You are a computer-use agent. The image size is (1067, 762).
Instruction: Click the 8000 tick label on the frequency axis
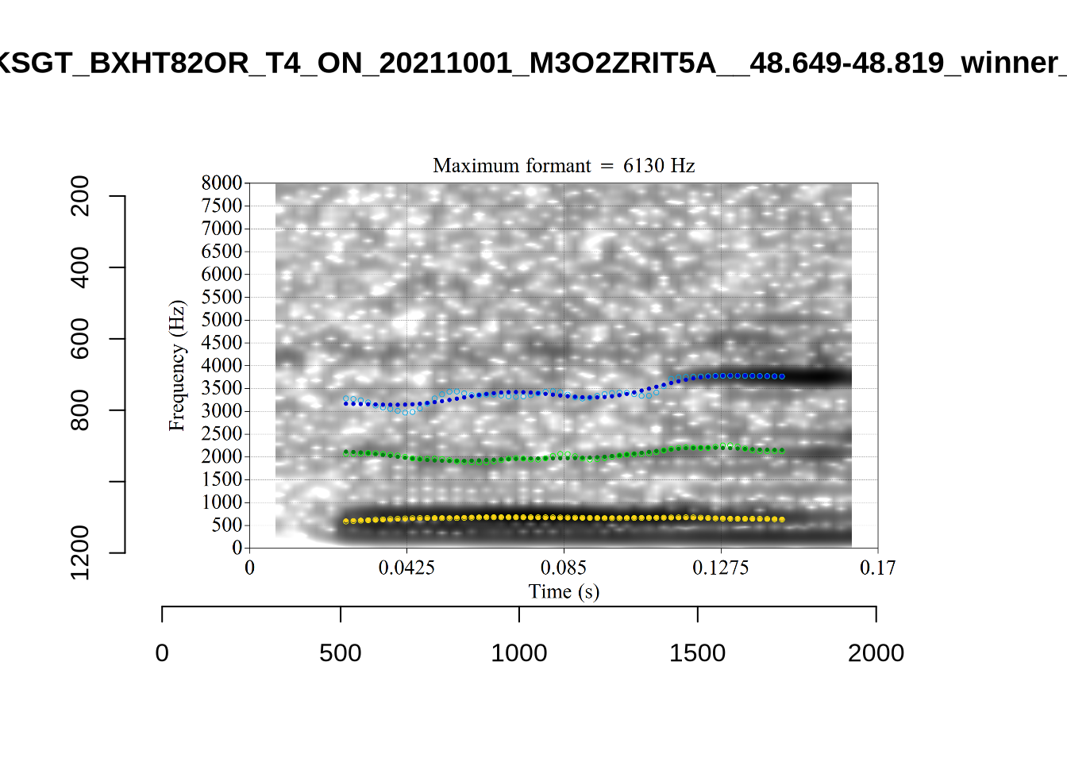(221, 183)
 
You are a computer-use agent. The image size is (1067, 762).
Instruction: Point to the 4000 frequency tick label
(221, 366)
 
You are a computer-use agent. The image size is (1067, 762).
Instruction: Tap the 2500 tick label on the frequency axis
(221, 434)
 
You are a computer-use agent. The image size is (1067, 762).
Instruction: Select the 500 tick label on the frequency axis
(227, 525)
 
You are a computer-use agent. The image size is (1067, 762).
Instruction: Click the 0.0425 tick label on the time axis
(406, 568)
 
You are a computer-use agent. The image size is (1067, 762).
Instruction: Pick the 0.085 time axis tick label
(564, 568)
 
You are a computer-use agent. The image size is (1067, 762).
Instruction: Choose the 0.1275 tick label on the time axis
(721, 568)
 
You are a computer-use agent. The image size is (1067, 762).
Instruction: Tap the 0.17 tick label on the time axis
(877, 568)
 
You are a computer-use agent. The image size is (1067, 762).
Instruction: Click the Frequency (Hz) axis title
(176, 366)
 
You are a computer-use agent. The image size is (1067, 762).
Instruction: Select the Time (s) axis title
(564, 592)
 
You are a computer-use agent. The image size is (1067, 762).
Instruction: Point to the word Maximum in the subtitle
(472, 166)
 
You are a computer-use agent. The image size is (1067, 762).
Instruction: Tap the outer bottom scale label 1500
(697, 653)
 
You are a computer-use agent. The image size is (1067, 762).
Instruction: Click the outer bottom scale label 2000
(876, 653)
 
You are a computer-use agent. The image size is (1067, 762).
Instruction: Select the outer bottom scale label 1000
(519, 653)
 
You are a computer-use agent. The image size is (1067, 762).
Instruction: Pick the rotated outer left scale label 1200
(80, 552)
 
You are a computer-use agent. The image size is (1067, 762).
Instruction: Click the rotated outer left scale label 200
(80, 196)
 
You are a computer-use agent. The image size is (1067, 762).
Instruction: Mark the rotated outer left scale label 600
(80, 339)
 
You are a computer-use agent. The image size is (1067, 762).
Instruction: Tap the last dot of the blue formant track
(782, 376)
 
